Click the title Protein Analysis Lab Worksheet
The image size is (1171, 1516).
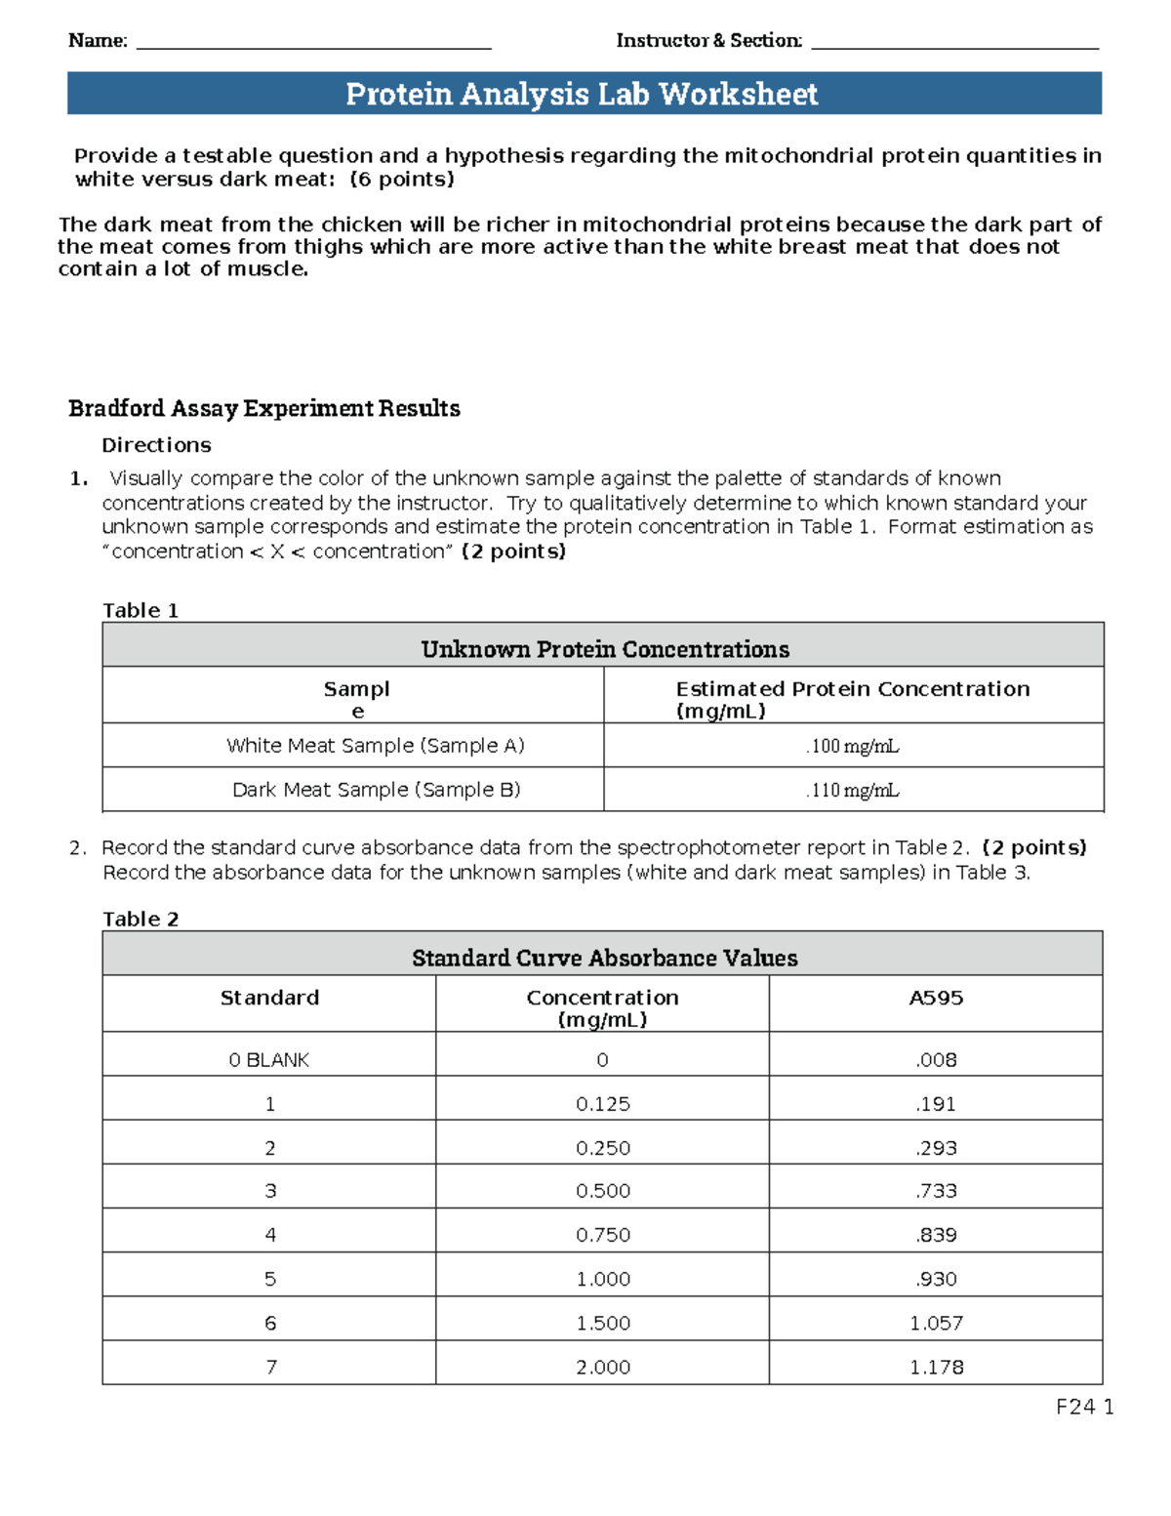point(582,94)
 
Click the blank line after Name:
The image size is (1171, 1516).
point(313,43)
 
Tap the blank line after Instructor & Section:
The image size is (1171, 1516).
point(954,43)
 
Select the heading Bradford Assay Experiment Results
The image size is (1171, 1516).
point(264,408)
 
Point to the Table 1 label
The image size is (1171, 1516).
point(141,610)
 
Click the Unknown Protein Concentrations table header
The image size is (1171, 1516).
point(604,649)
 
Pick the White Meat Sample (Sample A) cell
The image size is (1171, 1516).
point(376,746)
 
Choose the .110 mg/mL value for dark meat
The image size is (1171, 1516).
point(852,790)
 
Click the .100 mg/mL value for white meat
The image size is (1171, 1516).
point(852,747)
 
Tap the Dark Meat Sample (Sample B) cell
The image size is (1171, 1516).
point(376,790)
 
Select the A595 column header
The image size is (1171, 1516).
point(936,998)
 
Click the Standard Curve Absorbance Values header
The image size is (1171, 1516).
point(604,958)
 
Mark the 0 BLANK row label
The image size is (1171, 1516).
point(269,1060)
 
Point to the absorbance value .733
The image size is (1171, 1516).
point(936,1191)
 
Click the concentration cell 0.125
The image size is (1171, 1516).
point(603,1104)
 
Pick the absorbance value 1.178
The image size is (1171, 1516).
point(936,1368)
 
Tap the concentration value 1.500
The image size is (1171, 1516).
point(603,1324)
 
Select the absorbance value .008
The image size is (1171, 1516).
point(936,1060)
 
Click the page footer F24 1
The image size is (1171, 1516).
point(1084,1407)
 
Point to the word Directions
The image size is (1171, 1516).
point(156,445)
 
